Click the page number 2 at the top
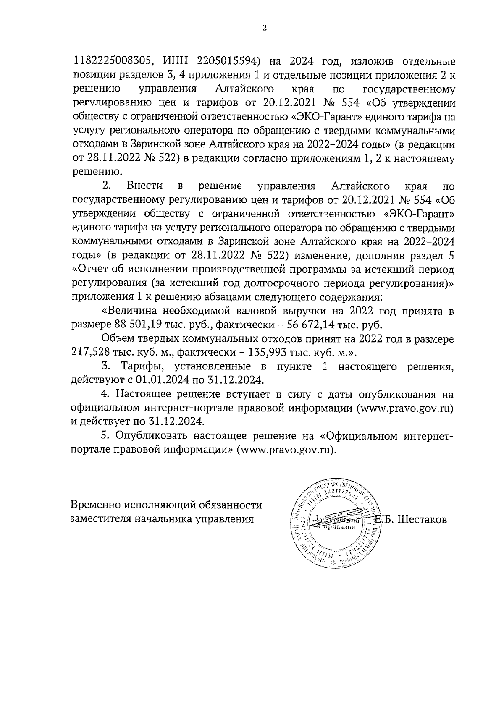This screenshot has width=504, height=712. coord(264,28)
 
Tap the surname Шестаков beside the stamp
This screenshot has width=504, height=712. coord(422,519)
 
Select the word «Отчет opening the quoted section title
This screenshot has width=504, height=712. coord(93,269)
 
